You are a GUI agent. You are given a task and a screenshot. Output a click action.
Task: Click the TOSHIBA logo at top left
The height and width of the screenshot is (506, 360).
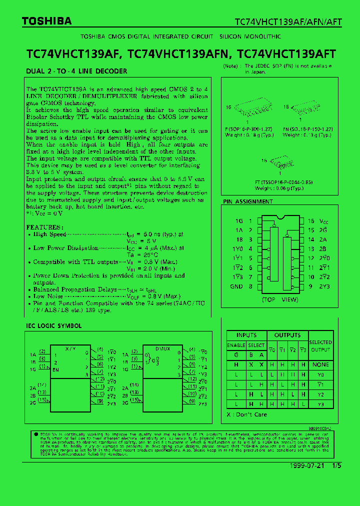[47, 21]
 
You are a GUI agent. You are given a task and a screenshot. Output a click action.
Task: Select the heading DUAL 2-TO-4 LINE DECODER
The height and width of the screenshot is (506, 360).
[76, 71]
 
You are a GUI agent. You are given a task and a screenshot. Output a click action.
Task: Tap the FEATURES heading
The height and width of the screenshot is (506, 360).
[45, 227]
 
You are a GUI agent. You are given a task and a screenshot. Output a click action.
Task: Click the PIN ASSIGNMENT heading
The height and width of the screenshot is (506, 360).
[248, 202]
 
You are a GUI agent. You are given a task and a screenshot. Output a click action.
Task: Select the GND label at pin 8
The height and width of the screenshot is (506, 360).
[236, 286]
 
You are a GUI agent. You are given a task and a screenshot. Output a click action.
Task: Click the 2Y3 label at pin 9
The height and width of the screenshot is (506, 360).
[325, 286]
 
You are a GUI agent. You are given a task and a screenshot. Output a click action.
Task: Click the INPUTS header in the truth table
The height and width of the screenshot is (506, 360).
[246, 335]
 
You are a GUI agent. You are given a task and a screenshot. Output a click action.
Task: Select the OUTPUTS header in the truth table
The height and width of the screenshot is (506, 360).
[287, 335]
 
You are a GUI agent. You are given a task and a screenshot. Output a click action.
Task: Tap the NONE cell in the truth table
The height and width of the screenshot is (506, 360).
[320, 365]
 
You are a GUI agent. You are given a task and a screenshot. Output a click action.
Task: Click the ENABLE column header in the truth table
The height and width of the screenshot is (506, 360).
[236, 345]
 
